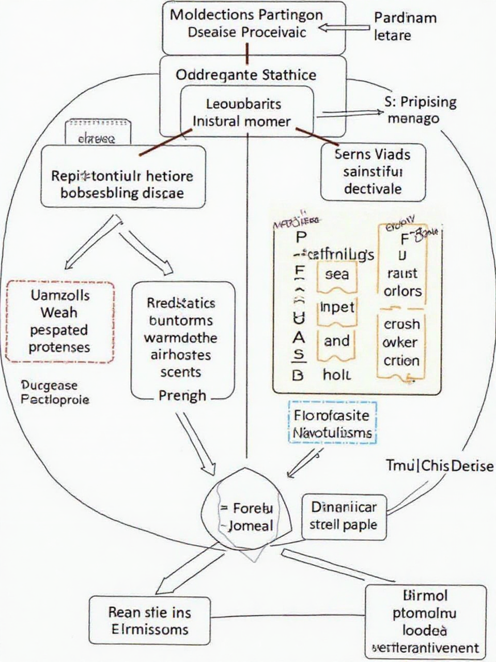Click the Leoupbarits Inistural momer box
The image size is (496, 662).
pos(247,112)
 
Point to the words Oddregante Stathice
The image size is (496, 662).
pos(246,75)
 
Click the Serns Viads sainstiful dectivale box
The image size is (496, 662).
pos(373,171)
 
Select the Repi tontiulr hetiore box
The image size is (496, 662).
pos(122,184)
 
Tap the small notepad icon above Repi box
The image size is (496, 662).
pos(98,131)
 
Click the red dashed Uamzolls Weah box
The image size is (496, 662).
pos(60,321)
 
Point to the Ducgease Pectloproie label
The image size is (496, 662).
pos(55,392)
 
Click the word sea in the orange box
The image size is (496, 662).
pos(336,274)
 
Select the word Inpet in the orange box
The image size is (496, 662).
pos(337,307)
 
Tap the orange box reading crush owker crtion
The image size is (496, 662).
pos(401,343)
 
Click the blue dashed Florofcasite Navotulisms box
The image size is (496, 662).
pos(332,424)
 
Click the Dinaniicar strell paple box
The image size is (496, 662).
pos(344,516)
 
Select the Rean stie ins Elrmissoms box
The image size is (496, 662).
pos(149,621)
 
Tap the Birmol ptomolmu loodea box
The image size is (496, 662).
pos(425,621)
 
